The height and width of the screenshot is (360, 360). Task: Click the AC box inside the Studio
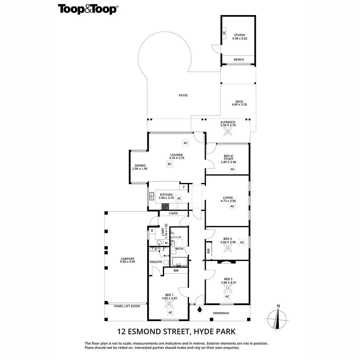tap(224, 33)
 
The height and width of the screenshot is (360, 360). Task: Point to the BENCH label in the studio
tap(239, 60)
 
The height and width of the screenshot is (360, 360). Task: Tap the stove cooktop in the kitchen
tap(165, 206)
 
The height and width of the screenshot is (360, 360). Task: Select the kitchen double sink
tap(151, 196)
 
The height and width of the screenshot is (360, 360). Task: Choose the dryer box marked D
tap(152, 231)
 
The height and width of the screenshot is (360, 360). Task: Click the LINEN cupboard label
tap(173, 213)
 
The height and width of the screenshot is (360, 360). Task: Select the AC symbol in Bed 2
tap(227, 297)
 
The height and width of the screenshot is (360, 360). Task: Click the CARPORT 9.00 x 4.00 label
tap(127, 260)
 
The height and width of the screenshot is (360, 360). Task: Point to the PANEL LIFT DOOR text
tap(127, 306)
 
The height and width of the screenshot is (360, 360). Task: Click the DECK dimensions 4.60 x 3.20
tap(239, 105)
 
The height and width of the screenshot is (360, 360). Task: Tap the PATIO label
tap(183, 95)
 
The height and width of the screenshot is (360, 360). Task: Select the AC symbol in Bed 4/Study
tap(232, 169)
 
